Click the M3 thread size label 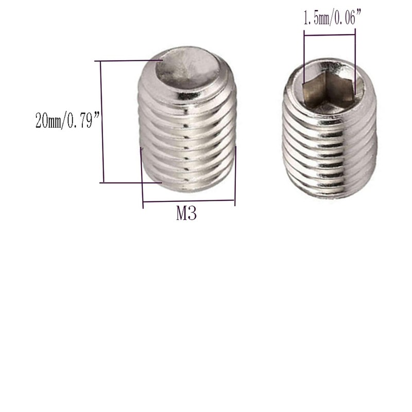[x=186, y=213]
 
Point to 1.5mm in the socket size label [x=315, y=19]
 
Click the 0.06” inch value [x=346, y=19]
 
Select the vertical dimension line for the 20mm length [x=102, y=122]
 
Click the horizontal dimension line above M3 [x=188, y=201]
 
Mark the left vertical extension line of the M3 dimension [x=142, y=178]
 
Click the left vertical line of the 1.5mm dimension [x=304, y=57]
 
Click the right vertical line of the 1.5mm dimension [x=355, y=57]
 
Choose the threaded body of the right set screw [x=330, y=149]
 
